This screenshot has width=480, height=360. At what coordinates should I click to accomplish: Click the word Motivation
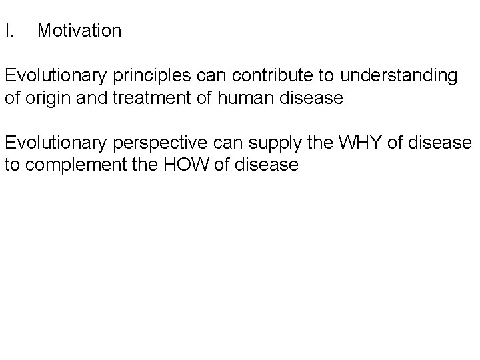(x=79, y=31)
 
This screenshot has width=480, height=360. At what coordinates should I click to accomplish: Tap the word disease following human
(x=311, y=99)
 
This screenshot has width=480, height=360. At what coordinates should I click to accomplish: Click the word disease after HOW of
(x=265, y=164)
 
